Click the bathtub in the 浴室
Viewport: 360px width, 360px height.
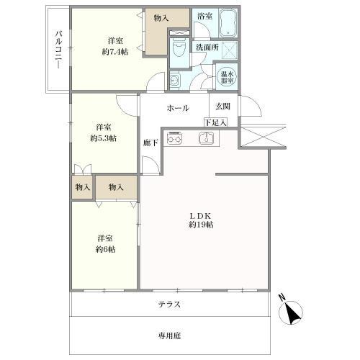tap(228, 23)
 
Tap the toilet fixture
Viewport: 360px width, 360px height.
tap(179, 49)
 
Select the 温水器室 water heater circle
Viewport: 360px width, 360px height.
tap(227, 77)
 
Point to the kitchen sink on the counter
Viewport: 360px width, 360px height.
tap(206, 138)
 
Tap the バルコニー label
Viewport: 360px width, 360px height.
tap(59, 50)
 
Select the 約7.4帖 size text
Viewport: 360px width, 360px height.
tap(115, 52)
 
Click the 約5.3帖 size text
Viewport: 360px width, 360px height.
tap(104, 138)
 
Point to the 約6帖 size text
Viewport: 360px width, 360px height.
tap(105, 249)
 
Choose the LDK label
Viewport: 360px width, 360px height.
tap(200, 216)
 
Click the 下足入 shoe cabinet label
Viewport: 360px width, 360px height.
tap(215, 123)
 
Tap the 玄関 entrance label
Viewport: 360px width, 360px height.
tap(222, 106)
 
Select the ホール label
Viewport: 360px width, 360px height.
tap(178, 108)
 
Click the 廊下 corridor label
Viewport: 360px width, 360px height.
tap(150, 143)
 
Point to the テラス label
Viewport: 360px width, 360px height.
tap(169, 305)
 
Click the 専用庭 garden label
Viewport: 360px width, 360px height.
tap(169, 336)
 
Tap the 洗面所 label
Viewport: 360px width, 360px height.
tap(207, 47)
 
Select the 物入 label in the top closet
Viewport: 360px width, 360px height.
tap(161, 17)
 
